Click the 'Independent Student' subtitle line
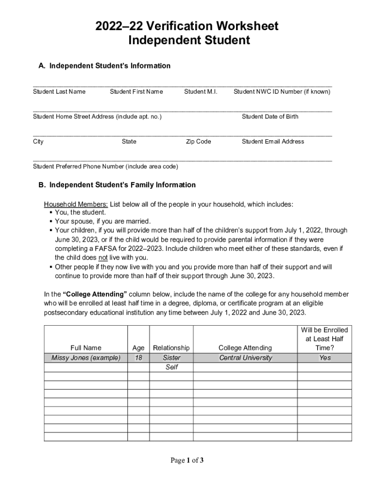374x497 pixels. (x=189, y=41)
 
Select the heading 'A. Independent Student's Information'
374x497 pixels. (x=104, y=66)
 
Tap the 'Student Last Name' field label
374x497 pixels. (x=59, y=92)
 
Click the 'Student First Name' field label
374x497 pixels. (x=136, y=92)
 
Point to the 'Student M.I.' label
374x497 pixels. (x=201, y=92)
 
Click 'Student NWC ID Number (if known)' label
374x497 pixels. (x=282, y=92)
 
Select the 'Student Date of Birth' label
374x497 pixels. (x=270, y=116)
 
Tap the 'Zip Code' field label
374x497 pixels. (x=198, y=142)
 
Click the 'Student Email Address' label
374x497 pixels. (x=273, y=142)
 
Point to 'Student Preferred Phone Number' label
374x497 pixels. (x=105, y=166)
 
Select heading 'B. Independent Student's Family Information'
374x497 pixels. (x=117, y=185)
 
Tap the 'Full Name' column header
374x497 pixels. (x=85, y=348)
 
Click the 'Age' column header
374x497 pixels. (x=138, y=348)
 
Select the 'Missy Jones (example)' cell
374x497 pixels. (x=85, y=358)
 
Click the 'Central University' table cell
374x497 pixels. (x=245, y=358)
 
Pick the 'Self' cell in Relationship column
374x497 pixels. (x=171, y=367)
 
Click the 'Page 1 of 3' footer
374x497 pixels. (x=187, y=461)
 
